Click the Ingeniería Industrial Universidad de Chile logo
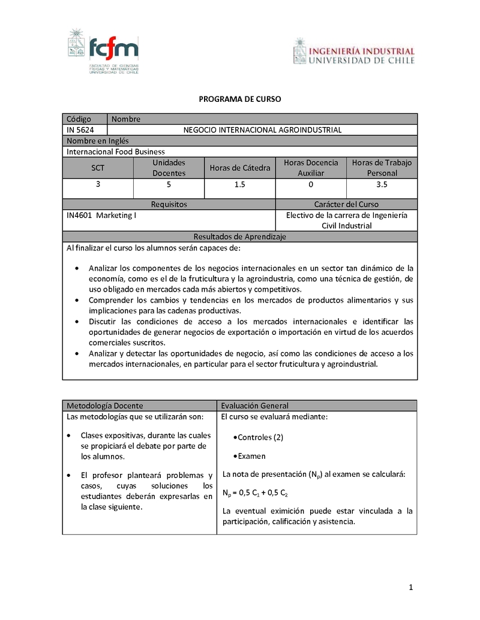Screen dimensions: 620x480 [x=353, y=52]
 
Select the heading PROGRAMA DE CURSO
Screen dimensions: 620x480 [x=239, y=99]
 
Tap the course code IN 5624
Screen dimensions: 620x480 [x=80, y=130]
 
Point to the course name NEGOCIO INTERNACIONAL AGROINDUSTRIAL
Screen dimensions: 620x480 [x=262, y=130]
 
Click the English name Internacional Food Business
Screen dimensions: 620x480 [x=116, y=152]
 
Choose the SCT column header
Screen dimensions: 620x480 [x=98, y=168]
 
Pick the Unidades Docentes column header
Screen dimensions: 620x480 [x=169, y=168]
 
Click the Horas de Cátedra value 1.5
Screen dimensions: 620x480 [x=239, y=185]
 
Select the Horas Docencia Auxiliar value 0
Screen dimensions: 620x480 [x=310, y=185]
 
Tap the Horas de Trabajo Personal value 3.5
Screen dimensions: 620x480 [x=382, y=185]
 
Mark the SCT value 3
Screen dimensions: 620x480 [x=98, y=185]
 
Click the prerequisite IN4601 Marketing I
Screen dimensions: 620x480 [x=101, y=215]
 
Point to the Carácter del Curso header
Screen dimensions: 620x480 [x=346, y=204]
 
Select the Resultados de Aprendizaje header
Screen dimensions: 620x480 [x=239, y=237]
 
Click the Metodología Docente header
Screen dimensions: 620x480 [x=104, y=406]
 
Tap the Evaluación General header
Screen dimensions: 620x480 [x=254, y=406]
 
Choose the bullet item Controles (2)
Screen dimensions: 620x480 [x=260, y=437]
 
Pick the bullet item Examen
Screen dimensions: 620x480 [x=251, y=456]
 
